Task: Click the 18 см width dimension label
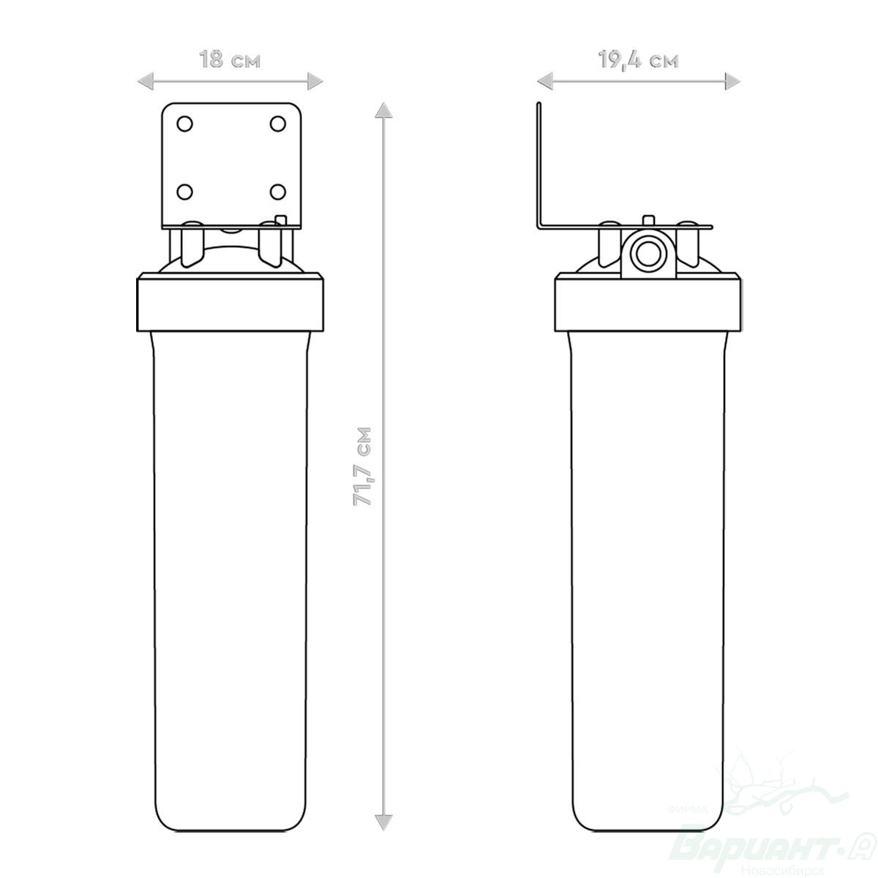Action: coord(230,60)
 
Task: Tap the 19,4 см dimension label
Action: coord(638,60)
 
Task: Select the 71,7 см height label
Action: coord(363,466)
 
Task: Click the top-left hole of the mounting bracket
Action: coord(184,124)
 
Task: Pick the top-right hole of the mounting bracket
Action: coord(278,124)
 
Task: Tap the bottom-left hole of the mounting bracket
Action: coord(184,192)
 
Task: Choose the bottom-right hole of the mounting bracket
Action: coord(278,192)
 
